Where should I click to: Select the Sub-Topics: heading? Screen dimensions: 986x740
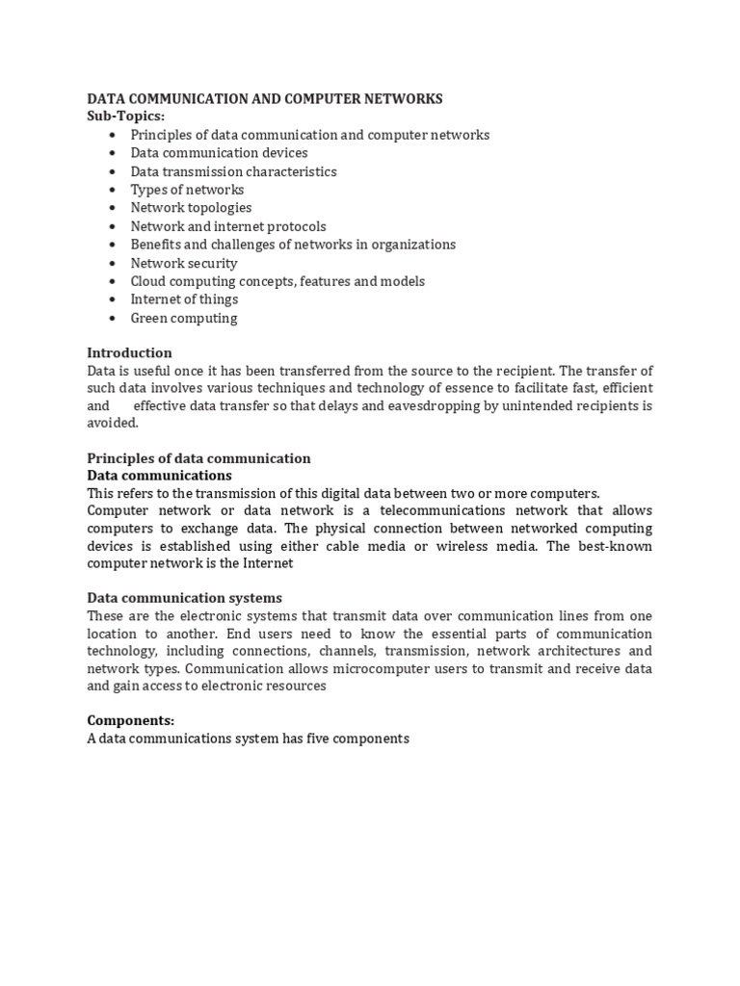tap(125, 117)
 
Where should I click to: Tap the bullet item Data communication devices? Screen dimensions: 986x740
tap(219, 153)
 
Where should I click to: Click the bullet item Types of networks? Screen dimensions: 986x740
tap(187, 190)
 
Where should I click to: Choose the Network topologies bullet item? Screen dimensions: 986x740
tap(191, 208)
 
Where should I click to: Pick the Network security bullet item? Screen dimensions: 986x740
tap(184, 263)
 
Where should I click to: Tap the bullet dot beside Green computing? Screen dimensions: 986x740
tap(113, 319)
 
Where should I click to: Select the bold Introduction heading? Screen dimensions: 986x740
tap(129, 353)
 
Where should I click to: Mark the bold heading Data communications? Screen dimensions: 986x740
tap(159, 476)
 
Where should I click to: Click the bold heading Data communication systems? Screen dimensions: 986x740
tap(184, 599)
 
